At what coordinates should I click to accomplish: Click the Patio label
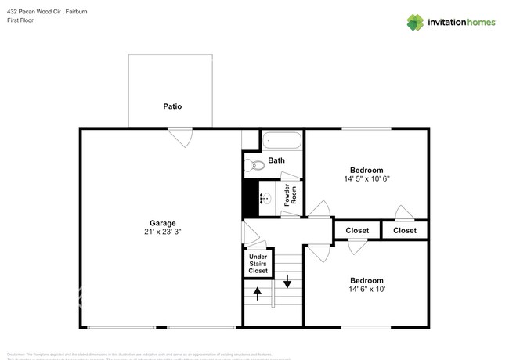click(173, 106)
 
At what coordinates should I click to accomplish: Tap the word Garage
click(162, 223)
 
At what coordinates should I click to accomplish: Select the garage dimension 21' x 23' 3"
click(162, 232)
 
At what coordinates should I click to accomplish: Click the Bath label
click(276, 160)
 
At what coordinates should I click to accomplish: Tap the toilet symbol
click(251, 165)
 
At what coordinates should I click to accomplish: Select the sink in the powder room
click(265, 198)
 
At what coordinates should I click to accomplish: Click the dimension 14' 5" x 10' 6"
click(366, 179)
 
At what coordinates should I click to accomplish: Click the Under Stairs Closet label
click(258, 264)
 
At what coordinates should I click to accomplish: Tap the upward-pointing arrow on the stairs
click(258, 293)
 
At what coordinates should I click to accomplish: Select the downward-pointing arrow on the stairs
click(287, 280)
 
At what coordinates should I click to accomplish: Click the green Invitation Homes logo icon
click(415, 22)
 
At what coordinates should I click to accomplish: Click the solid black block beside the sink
click(251, 198)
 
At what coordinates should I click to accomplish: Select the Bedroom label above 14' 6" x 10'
click(366, 281)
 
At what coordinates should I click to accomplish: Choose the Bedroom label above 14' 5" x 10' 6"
click(366, 170)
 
